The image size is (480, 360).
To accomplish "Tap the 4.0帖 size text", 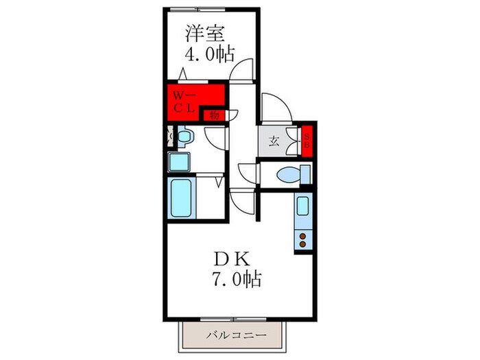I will tap(205, 55).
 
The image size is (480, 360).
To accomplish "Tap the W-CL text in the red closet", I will tap(184, 101).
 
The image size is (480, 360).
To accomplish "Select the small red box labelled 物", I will tap(214, 115).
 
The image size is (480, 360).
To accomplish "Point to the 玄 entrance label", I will tap(274, 142).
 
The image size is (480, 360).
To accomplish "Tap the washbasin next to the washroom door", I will tap(184, 137).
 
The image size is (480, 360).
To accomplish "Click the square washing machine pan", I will tap(181, 162).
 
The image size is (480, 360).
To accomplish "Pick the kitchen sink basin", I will tap(302, 205).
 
